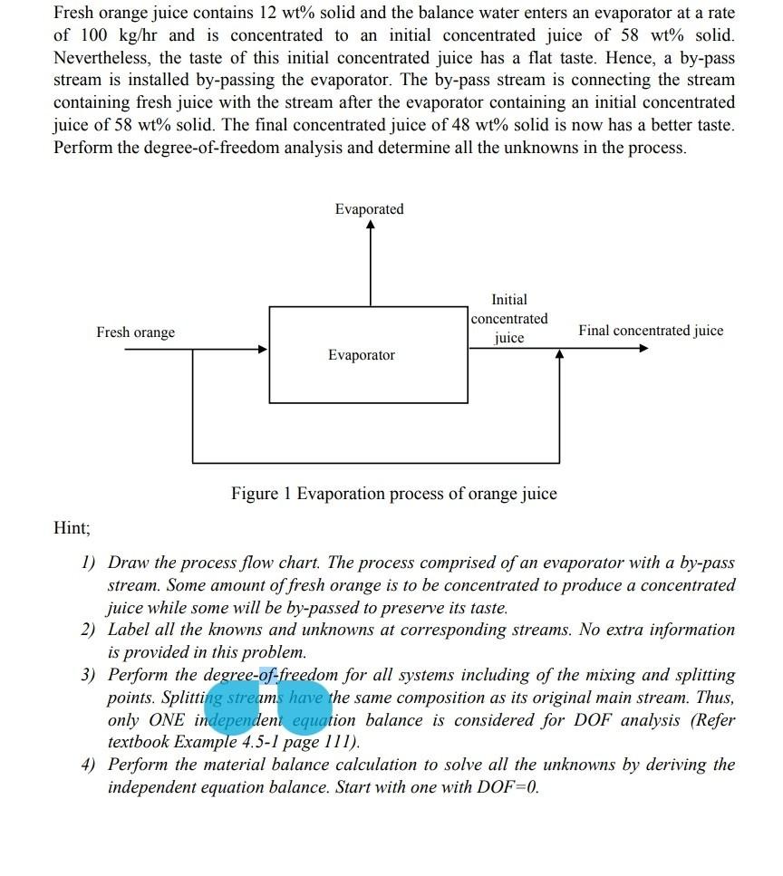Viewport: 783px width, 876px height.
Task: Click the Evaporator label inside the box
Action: (361, 355)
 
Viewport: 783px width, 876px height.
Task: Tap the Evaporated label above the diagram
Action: (369, 209)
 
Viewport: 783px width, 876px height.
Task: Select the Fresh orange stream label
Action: (135, 332)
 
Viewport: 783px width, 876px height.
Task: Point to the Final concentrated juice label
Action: (651, 331)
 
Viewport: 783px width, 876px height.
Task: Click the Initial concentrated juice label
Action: (509, 318)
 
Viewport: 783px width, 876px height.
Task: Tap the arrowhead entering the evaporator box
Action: (263, 349)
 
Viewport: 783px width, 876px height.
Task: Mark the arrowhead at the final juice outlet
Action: (643, 348)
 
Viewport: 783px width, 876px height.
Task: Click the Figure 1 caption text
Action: (393, 494)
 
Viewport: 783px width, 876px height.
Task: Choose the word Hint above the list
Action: (72, 527)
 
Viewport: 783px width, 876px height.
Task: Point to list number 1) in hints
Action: (89, 563)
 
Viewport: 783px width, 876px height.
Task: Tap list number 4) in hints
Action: (89, 765)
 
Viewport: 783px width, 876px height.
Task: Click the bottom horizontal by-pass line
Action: (376, 462)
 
